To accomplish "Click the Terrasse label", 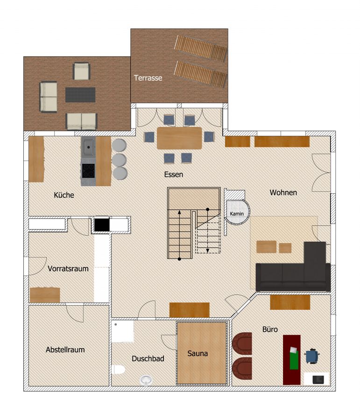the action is [x=148, y=78].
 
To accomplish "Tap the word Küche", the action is [x=64, y=195].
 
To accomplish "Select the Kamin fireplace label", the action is [x=237, y=214].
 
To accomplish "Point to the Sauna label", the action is [x=198, y=354].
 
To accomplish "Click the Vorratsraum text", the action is [x=68, y=269].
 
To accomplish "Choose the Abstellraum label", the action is [x=65, y=350].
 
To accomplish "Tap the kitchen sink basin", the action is [x=88, y=147].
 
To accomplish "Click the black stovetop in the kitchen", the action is [x=88, y=171].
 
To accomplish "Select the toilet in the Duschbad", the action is [x=118, y=370].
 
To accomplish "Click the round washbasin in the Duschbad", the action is [x=146, y=380].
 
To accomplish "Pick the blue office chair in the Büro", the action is [x=312, y=356].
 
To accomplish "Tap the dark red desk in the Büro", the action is [x=292, y=360].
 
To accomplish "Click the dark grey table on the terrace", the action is [x=80, y=95].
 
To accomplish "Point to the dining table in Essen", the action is [x=179, y=138].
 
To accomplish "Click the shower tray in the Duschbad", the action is [x=122, y=331].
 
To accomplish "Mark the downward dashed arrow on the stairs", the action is [x=207, y=231].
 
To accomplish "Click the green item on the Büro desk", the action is [x=294, y=360].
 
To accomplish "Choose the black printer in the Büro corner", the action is [x=318, y=379].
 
